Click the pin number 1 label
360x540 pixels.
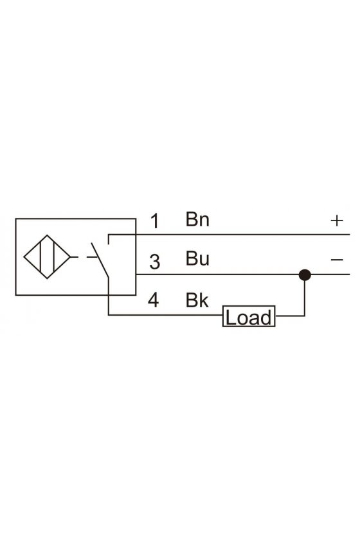tap(156, 221)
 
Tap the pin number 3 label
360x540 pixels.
tap(155, 262)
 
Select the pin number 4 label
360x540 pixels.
tap(154, 300)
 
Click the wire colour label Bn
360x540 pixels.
tap(197, 219)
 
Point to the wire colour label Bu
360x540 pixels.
tap(197, 258)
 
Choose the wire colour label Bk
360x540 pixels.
tap(197, 300)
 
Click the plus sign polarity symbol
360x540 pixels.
tap(337, 221)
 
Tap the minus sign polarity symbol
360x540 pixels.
tap(337, 259)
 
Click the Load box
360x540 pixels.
tap(249, 316)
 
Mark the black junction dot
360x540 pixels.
tap(305, 275)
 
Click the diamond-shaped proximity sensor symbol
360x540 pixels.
tap(47, 257)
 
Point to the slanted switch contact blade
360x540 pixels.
tap(100, 260)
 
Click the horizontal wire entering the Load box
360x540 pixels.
tap(165, 315)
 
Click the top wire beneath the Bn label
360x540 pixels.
tap(229, 235)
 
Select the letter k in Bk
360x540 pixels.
tap(204, 300)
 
